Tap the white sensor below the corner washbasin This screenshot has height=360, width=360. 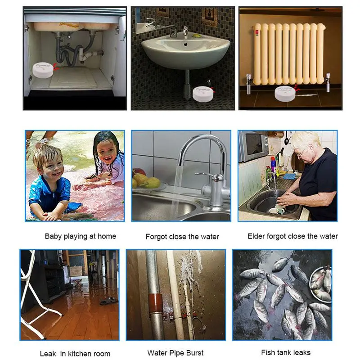[203, 93]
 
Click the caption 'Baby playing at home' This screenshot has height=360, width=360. [81, 236]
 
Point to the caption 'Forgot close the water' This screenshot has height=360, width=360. [182, 237]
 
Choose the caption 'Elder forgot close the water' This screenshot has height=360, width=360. [292, 236]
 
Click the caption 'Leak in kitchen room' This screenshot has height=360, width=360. [75, 353]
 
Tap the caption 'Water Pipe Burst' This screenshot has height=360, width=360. [175, 353]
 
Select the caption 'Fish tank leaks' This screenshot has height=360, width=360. [286, 352]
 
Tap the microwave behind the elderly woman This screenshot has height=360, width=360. [252, 146]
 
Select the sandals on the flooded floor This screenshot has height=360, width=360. [108, 301]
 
